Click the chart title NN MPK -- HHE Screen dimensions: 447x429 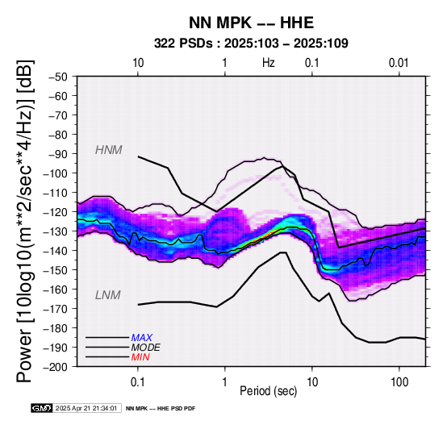[x=251, y=23]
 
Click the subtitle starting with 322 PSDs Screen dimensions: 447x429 [x=251, y=44]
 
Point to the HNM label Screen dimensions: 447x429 [x=109, y=150]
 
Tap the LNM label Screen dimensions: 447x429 [x=108, y=295]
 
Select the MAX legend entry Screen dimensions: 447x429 [x=142, y=338]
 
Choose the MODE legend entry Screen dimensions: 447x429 [x=146, y=348]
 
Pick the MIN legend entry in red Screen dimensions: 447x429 [x=140, y=357]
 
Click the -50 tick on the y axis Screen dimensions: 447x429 [x=58, y=77]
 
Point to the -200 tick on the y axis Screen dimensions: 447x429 [x=56, y=367]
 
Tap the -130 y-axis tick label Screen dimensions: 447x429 [x=56, y=231]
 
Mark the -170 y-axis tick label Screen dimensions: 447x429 [x=56, y=309]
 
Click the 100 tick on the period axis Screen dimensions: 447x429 [x=399, y=382]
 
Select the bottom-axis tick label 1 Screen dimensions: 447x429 [x=225, y=382]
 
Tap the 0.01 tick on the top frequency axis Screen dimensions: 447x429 [x=399, y=63]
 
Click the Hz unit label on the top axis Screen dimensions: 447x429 [x=269, y=63]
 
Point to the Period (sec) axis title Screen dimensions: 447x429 [x=268, y=391]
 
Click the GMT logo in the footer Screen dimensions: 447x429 [x=42, y=408]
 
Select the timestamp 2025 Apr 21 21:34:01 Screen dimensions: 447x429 [x=86, y=408]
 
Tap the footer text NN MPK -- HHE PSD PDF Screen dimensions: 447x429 [x=161, y=409]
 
